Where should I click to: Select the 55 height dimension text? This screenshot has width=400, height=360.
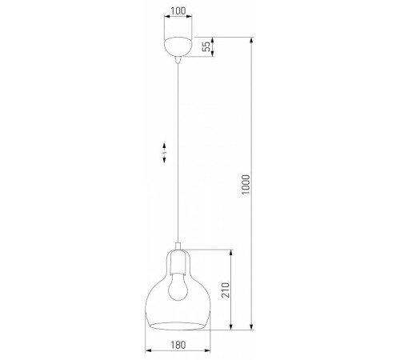[x=207, y=47]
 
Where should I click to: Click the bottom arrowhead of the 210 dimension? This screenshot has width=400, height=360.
[x=231, y=328]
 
